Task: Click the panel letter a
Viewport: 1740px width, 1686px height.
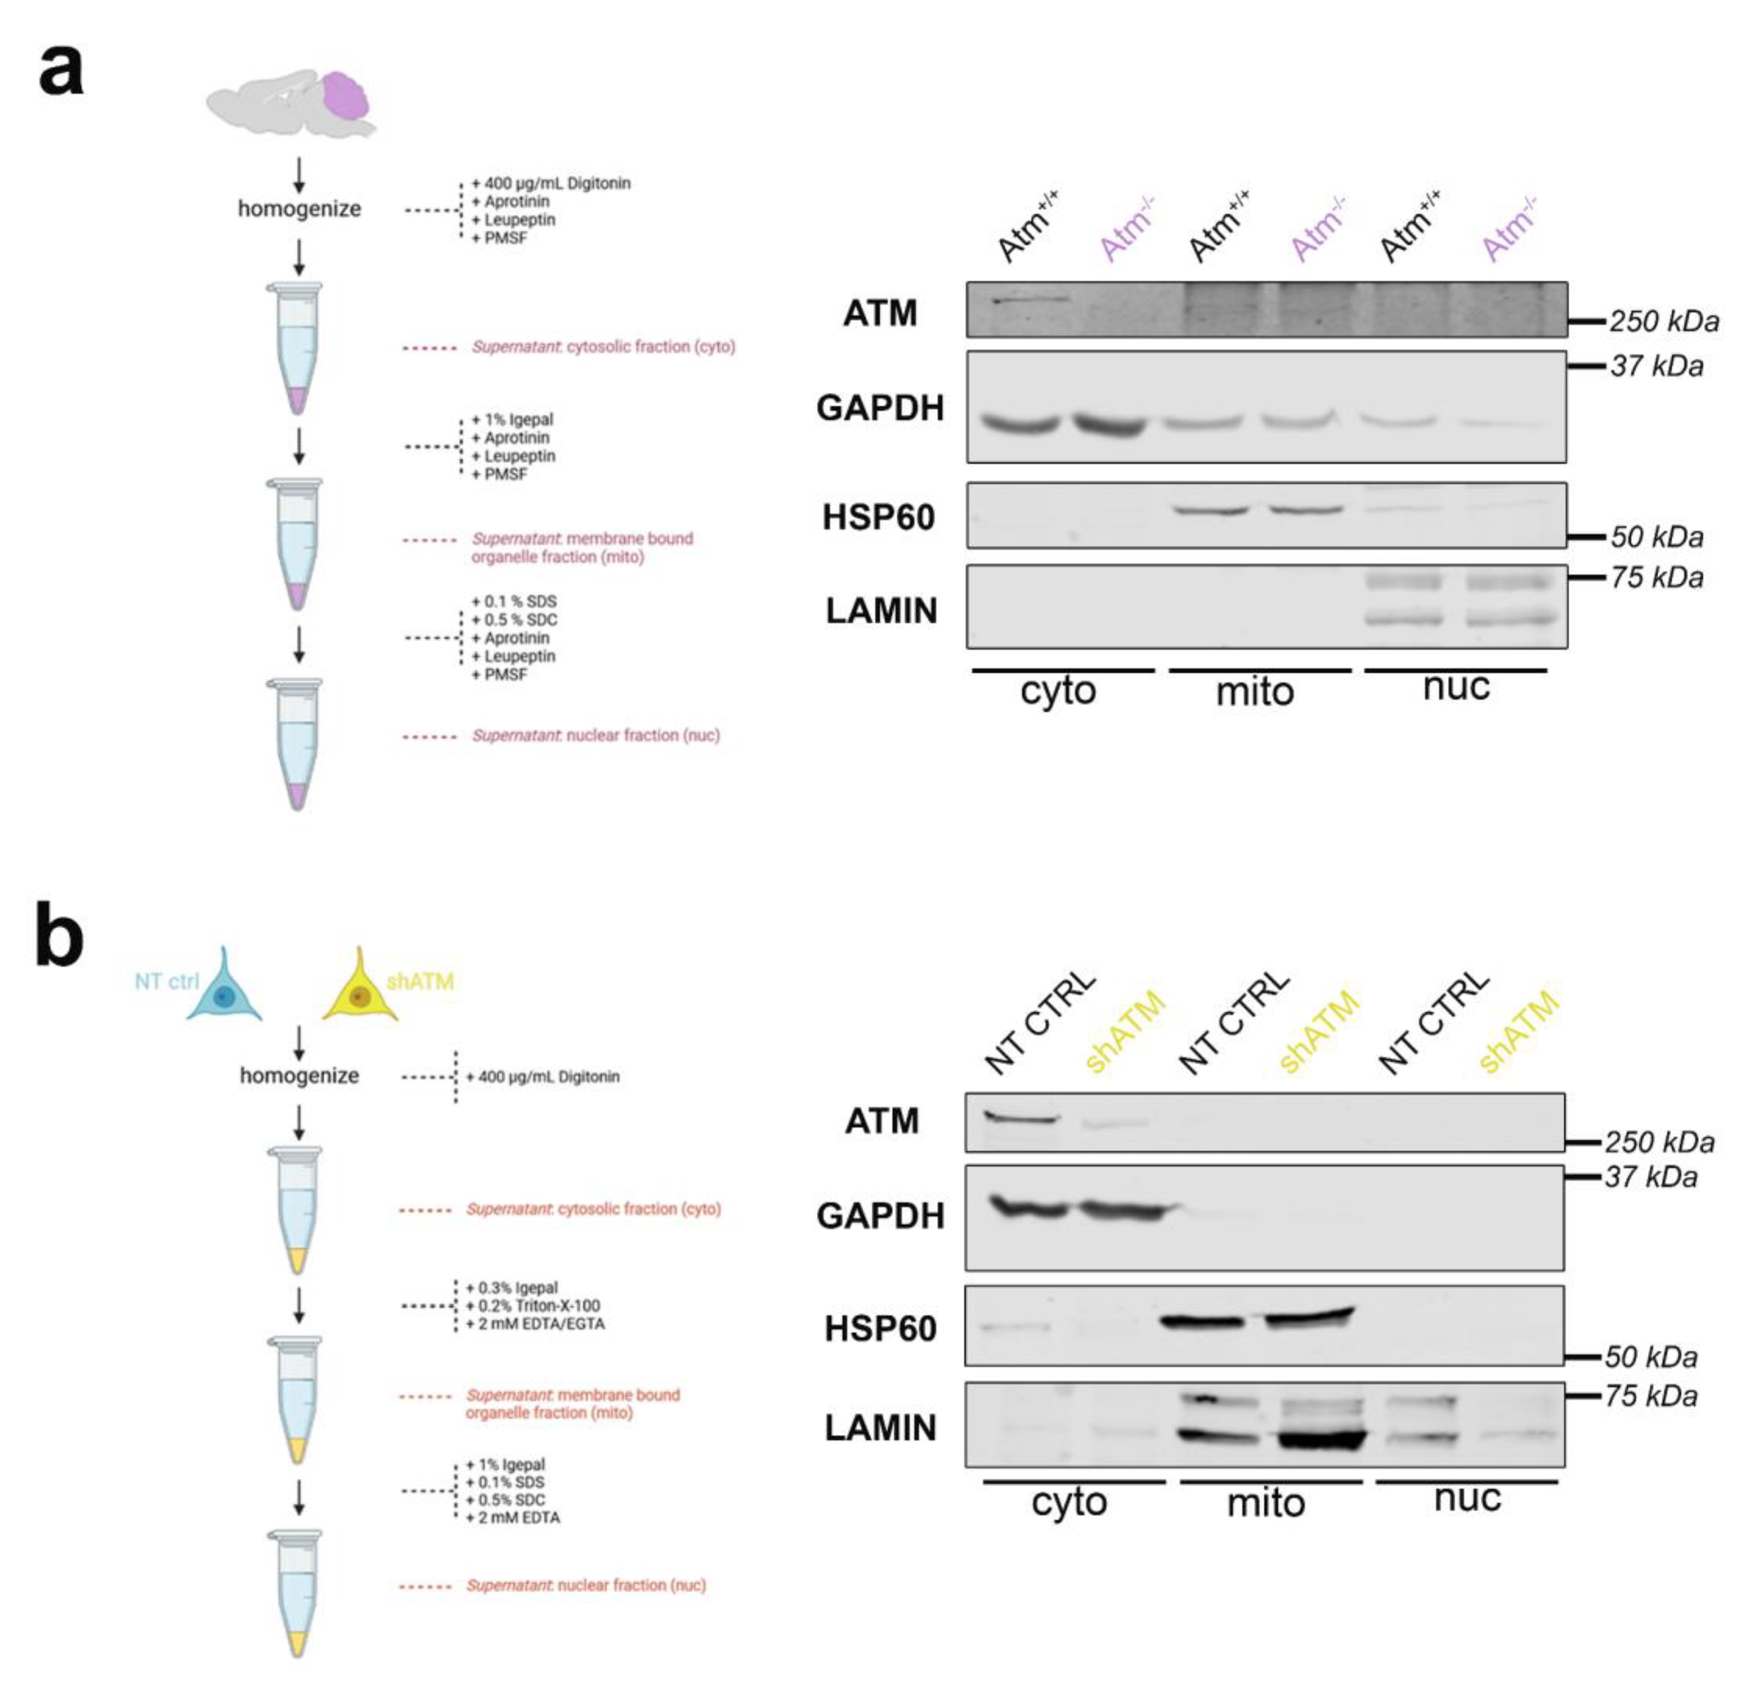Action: tap(60, 71)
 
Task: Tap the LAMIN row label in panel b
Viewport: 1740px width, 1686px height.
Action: tap(880, 1428)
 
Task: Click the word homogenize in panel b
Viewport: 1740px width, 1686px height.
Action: tap(299, 1075)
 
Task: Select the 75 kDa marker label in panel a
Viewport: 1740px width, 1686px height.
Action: tap(1657, 578)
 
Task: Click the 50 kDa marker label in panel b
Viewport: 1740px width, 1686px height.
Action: tap(1651, 1357)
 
